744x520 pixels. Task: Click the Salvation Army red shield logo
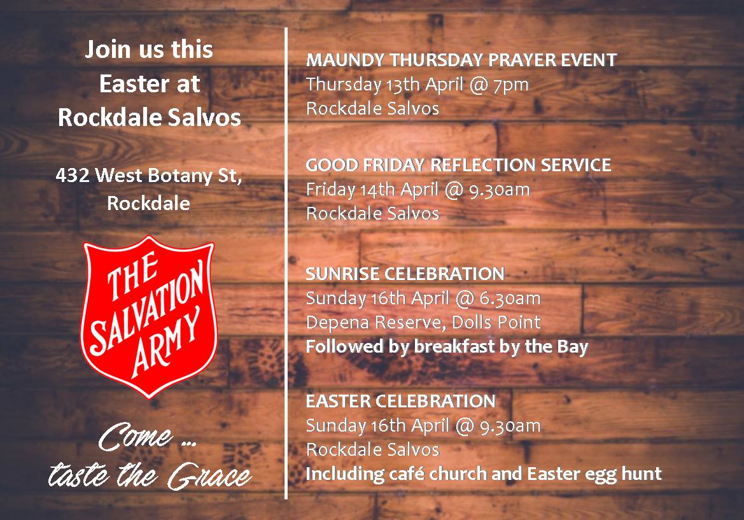click(x=148, y=316)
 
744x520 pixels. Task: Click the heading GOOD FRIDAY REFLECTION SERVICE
click(x=458, y=165)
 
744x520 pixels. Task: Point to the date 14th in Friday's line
click(x=377, y=190)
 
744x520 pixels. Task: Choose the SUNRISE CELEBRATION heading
click(x=405, y=274)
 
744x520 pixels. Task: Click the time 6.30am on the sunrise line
click(x=510, y=299)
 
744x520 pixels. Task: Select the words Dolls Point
click(x=496, y=323)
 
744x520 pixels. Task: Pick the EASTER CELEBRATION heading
click(x=400, y=402)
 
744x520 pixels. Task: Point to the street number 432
click(x=72, y=176)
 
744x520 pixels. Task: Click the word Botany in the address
click(x=181, y=176)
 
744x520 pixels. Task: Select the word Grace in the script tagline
click(x=209, y=475)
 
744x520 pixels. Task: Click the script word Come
click(x=135, y=437)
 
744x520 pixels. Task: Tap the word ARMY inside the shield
click(x=166, y=342)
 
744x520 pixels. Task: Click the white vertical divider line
click(x=286, y=264)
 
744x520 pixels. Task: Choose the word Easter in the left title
click(x=132, y=84)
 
